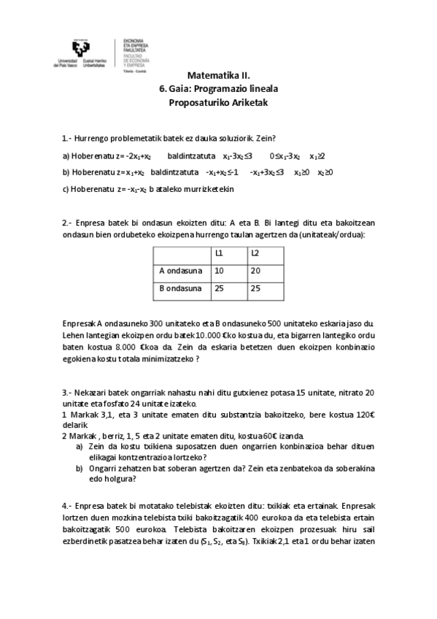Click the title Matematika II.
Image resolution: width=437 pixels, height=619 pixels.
click(x=218, y=75)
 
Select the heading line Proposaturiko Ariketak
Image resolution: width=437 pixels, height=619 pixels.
click(x=218, y=103)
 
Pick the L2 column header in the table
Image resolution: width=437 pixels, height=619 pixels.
click(x=255, y=253)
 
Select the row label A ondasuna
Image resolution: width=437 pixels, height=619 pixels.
click(x=180, y=271)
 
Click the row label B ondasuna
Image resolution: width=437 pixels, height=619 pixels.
click(x=180, y=288)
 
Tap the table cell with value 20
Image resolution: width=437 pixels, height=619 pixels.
click(x=255, y=271)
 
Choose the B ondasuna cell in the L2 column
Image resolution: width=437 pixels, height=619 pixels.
click(x=255, y=288)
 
